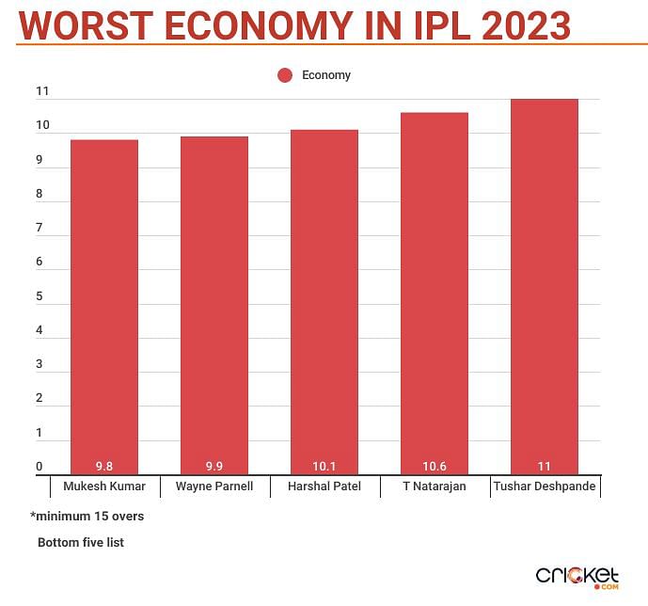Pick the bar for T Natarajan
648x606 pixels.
coord(434,293)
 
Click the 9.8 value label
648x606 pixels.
coord(104,466)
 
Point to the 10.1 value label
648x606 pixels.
coord(324,466)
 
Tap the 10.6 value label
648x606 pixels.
coord(434,466)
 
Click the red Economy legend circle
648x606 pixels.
coord(286,75)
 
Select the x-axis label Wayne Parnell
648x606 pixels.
coord(214,487)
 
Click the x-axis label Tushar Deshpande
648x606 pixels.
coord(545,487)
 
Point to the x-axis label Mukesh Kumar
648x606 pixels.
coord(104,487)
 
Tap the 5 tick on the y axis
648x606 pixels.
coord(40,296)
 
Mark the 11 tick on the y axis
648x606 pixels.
coord(41,91)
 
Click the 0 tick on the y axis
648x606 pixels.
coord(40,467)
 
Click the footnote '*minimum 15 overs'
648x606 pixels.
coord(87,517)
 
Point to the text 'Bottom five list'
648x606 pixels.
coord(81,543)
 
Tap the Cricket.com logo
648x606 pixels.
coord(577,576)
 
